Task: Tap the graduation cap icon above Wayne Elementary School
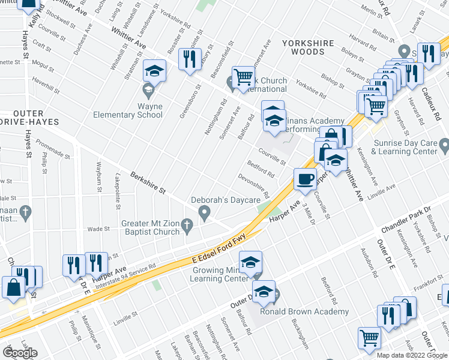[x=154, y=72]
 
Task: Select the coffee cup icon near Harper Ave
[x=305, y=179]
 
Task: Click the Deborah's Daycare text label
[x=225, y=200]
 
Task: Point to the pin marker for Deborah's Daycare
[x=205, y=212]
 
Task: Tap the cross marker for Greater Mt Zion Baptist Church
[x=187, y=227]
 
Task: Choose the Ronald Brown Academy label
[x=304, y=311]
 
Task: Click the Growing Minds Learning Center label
[x=219, y=274]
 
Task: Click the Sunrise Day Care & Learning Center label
[x=405, y=148]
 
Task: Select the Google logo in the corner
[x=20, y=352]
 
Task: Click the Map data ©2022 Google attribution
[x=412, y=355]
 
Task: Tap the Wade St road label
[x=97, y=229]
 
